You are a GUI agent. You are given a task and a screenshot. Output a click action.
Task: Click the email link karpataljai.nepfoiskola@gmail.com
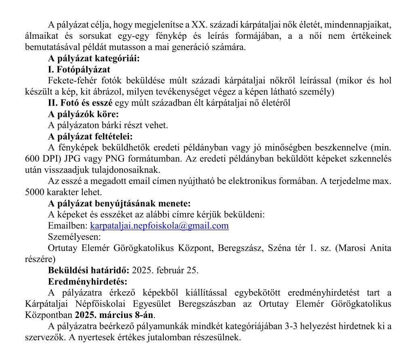(159, 226)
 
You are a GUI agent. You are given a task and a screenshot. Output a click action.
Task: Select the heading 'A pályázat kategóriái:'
(93, 58)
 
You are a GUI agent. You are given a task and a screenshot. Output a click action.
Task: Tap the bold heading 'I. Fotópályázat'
(79, 69)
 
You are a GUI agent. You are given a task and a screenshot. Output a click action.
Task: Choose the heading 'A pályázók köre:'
(83, 114)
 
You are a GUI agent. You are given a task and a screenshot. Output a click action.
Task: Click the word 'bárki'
(122, 125)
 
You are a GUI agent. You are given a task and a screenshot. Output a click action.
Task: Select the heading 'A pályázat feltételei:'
(90, 136)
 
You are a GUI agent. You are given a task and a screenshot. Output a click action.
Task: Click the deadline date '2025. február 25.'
(165, 270)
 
